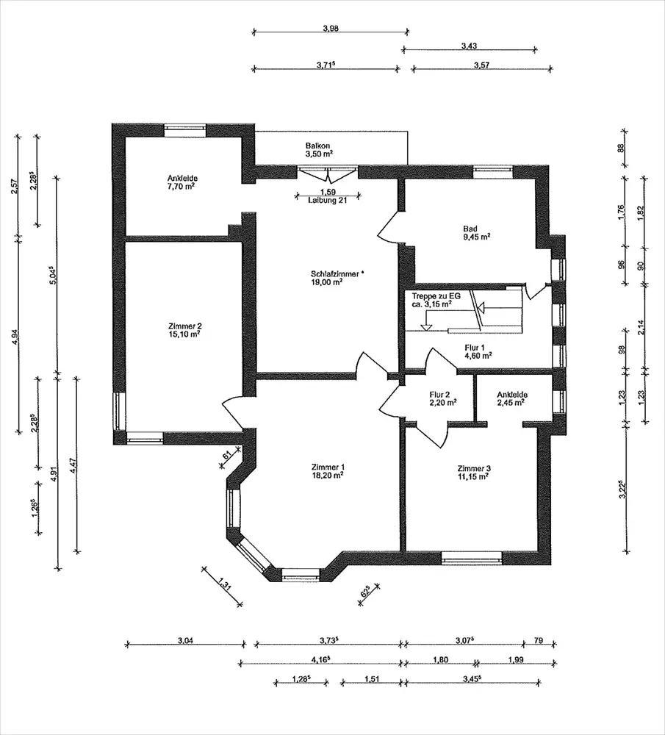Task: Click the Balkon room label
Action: [x=319, y=149]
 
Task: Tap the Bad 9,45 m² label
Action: [x=477, y=232]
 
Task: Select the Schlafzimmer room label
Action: [x=337, y=278]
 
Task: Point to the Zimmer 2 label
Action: [x=185, y=330]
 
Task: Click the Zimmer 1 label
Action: [x=328, y=471]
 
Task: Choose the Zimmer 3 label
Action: [x=474, y=473]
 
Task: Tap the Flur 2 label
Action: [x=443, y=398]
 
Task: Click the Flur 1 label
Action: [x=478, y=351]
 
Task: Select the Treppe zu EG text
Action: [x=436, y=296]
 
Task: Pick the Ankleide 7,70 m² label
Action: [x=181, y=182]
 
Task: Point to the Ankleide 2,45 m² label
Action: [x=511, y=398]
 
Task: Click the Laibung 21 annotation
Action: [x=328, y=200]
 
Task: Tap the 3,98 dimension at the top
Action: [x=331, y=28]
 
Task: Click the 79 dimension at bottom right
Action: [x=539, y=640]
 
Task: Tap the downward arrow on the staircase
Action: [x=426, y=325]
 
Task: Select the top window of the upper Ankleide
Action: [x=185, y=130]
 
